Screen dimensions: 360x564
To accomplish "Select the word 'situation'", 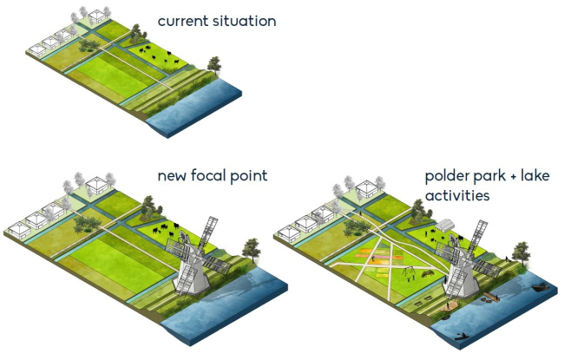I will coord(242,19).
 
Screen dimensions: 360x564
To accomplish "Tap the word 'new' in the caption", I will coord(171,176).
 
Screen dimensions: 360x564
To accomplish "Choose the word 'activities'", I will coord(457,196).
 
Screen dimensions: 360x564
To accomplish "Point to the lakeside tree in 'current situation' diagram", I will coord(213,64).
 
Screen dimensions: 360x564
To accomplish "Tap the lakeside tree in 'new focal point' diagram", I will coord(251,247).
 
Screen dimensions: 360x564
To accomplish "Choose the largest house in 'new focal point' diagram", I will coord(98,184).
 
